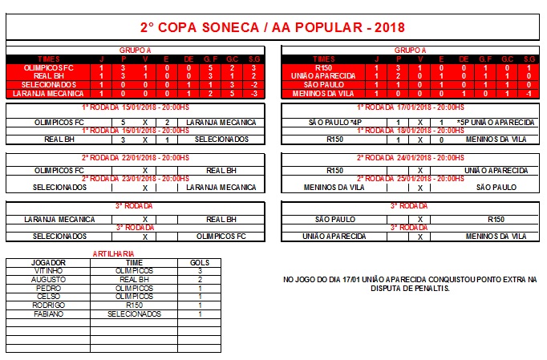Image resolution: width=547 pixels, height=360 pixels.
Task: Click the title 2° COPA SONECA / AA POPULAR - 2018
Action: click(x=273, y=27)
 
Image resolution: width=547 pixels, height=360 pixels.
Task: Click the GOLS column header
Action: click(x=199, y=262)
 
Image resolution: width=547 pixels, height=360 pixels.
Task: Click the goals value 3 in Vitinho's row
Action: click(x=199, y=270)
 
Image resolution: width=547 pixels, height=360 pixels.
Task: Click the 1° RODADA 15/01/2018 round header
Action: click(x=136, y=107)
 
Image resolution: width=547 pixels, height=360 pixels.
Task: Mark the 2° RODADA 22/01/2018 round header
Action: click(x=136, y=158)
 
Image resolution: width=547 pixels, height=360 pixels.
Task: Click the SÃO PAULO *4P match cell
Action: click(x=332, y=122)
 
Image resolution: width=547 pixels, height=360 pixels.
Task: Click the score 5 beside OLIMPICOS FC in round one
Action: click(x=123, y=122)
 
